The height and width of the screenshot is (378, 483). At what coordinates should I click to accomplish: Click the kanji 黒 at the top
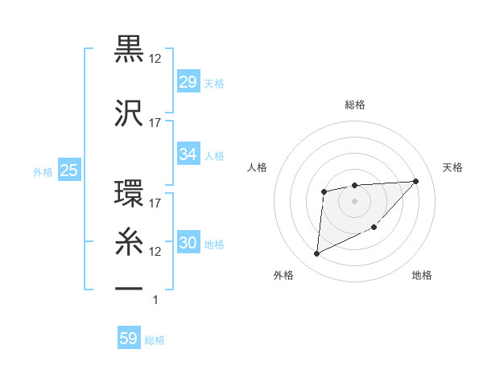(x=130, y=50)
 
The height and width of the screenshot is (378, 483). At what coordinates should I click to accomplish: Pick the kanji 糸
(x=130, y=240)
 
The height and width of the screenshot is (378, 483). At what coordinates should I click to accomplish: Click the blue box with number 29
(x=188, y=83)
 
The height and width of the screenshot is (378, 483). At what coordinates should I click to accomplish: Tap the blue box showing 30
(x=188, y=244)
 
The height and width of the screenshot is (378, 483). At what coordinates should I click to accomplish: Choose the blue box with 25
(x=68, y=171)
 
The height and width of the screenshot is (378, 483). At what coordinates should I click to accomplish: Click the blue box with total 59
(x=128, y=339)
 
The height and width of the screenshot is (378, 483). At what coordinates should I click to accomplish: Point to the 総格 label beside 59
(x=155, y=340)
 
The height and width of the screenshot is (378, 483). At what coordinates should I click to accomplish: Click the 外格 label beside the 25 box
(x=43, y=171)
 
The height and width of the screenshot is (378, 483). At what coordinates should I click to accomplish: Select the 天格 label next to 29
(x=213, y=84)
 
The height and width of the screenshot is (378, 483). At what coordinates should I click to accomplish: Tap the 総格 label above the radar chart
(x=354, y=105)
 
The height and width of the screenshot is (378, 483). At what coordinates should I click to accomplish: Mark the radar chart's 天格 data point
(x=415, y=181)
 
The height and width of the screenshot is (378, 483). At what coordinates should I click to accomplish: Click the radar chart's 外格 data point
(x=316, y=254)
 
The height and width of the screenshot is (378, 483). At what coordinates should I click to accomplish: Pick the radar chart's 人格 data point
(x=324, y=191)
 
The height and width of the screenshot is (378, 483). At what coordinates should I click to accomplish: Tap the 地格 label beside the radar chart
(x=422, y=275)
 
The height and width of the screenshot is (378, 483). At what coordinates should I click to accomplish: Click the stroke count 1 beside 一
(x=155, y=300)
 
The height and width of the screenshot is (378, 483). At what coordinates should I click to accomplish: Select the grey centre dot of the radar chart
(x=354, y=200)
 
